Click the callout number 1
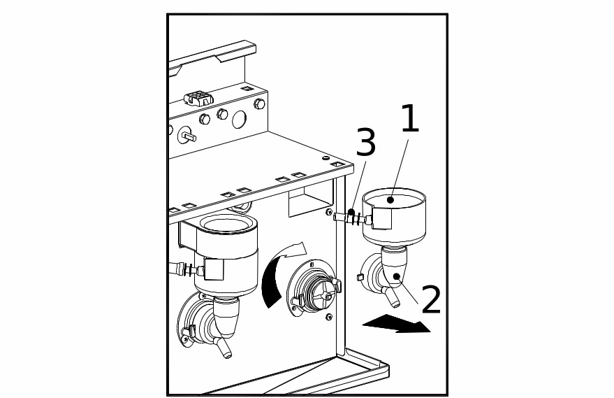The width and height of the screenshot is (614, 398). click(x=409, y=120)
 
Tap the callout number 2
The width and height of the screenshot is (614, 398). click(x=431, y=300)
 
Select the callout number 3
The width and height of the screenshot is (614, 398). click(x=365, y=143)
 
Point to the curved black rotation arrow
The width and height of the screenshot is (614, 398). click(x=272, y=280)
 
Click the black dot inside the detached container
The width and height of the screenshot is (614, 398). click(x=392, y=200)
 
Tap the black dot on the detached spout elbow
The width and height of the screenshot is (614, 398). click(x=397, y=277)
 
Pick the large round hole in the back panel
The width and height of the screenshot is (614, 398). click(x=239, y=120)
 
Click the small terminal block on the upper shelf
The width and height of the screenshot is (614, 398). click(x=198, y=98)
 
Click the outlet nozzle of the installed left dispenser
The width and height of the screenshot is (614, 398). click(x=225, y=348)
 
